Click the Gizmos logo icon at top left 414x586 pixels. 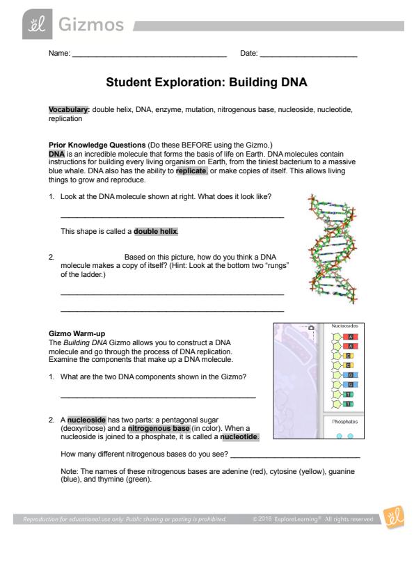(38, 24)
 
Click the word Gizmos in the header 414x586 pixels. (91, 24)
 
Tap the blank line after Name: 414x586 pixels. (150, 56)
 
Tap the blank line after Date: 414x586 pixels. (309, 56)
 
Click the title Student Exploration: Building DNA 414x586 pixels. (207, 82)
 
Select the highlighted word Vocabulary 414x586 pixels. (69, 109)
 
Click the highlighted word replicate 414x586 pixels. (191, 171)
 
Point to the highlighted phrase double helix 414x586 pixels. (155, 231)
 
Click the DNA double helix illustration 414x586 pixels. (332, 248)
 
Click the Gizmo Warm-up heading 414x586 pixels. (77, 333)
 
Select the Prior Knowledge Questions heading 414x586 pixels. (97, 145)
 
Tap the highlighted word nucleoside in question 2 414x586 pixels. (87, 420)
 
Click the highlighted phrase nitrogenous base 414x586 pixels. (159, 428)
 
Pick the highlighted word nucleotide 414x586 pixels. (239, 436)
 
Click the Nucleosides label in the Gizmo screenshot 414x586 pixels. (344, 326)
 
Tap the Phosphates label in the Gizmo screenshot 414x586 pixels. (344, 422)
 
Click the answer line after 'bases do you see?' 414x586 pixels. (295, 457)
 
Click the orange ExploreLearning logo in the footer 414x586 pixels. (393, 518)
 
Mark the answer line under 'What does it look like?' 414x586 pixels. (173, 217)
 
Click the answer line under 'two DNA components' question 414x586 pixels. (158, 397)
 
